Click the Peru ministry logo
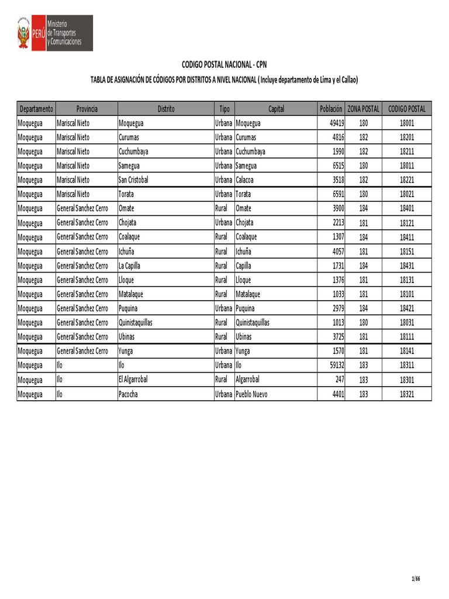[x=54, y=33]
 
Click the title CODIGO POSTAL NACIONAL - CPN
[x=224, y=64]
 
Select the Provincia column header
[x=87, y=109]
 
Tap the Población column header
[x=331, y=109]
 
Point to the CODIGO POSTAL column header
[x=407, y=109]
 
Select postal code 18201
[x=407, y=137]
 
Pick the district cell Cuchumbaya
[x=133, y=152]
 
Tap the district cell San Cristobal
[x=133, y=180]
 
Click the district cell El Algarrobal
[x=133, y=380]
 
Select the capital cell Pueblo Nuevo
[x=251, y=394]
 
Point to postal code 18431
[x=407, y=266]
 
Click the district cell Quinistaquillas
[x=136, y=322]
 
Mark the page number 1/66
[x=416, y=579]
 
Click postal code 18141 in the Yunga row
[x=407, y=351]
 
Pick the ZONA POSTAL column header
[x=364, y=109]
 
